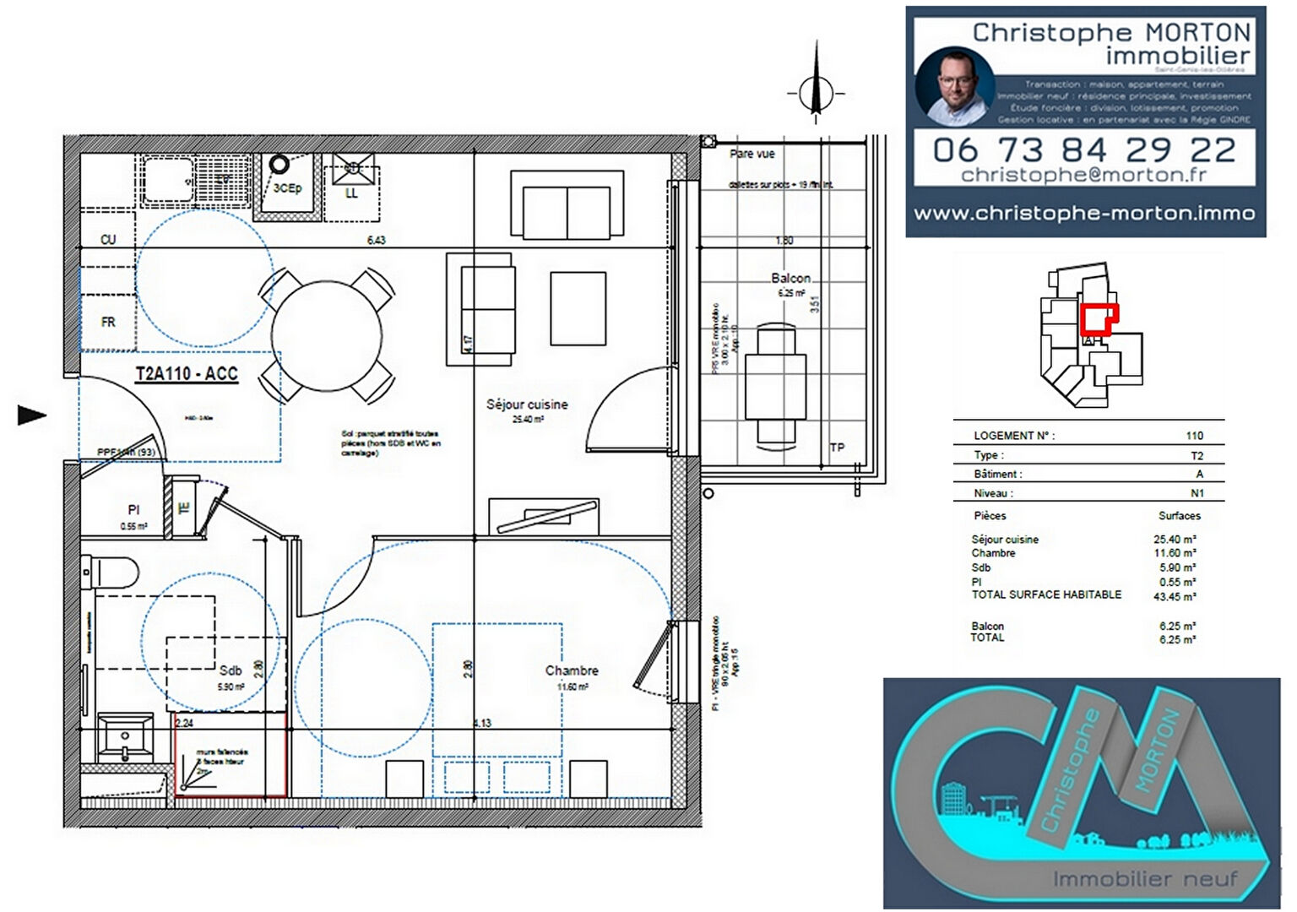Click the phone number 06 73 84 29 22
(x=1084, y=150)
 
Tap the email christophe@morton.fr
(x=1084, y=175)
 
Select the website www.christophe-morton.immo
(x=1084, y=213)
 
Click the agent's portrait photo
(x=955, y=85)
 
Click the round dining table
(x=327, y=335)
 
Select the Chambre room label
(x=572, y=670)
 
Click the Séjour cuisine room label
(x=527, y=404)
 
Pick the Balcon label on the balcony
(x=790, y=278)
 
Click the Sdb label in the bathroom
(x=231, y=670)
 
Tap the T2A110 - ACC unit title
(x=187, y=374)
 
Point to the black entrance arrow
(x=32, y=415)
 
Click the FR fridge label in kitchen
(x=108, y=322)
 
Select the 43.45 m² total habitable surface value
(x=1175, y=597)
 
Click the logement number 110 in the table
(x=1194, y=436)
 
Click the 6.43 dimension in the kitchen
(x=376, y=240)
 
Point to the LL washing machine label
(x=352, y=193)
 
